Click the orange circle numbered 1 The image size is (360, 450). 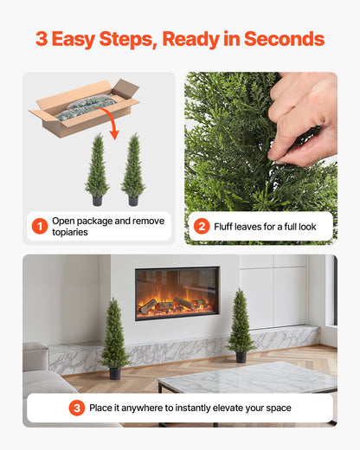pos(40,227)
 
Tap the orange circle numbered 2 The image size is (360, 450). pos(202,227)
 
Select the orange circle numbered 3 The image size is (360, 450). pos(77,408)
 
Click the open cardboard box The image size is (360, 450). pos(85,106)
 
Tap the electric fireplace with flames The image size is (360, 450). pos(177,293)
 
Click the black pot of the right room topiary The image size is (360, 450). pos(241,357)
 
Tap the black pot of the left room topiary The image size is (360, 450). pos(114,374)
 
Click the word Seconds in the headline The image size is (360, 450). pos(284,40)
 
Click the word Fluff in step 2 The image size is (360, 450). pos(227,227)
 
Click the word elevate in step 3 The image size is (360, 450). pos(234,408)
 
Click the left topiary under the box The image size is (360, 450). pos(98,169)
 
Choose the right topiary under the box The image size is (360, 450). pos(133,169)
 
